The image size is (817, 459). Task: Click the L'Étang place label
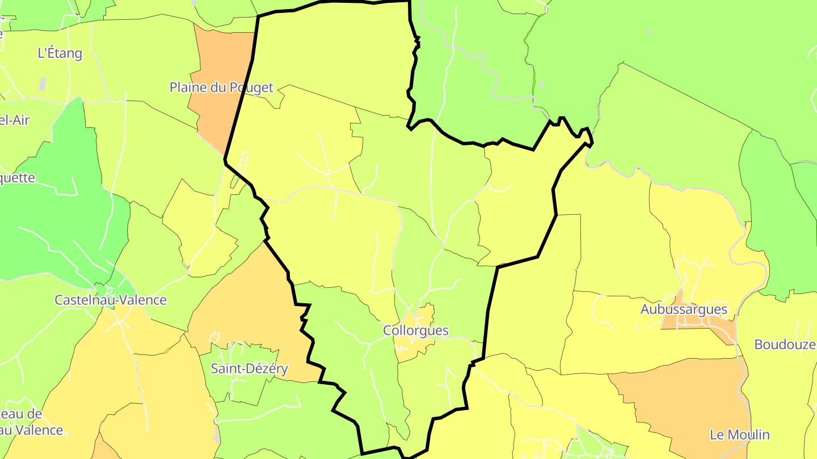60,54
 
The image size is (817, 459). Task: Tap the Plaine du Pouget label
221,88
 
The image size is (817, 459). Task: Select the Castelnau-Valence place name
111,300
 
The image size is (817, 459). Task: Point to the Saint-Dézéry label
250,369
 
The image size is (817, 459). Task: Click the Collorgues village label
416,331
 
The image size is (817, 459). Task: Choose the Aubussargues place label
684,309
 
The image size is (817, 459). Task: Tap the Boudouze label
785,345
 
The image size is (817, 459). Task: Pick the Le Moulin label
740,435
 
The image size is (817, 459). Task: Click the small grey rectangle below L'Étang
43,84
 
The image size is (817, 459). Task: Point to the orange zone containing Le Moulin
692,397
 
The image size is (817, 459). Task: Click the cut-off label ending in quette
17,178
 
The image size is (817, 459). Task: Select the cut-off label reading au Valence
31,430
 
